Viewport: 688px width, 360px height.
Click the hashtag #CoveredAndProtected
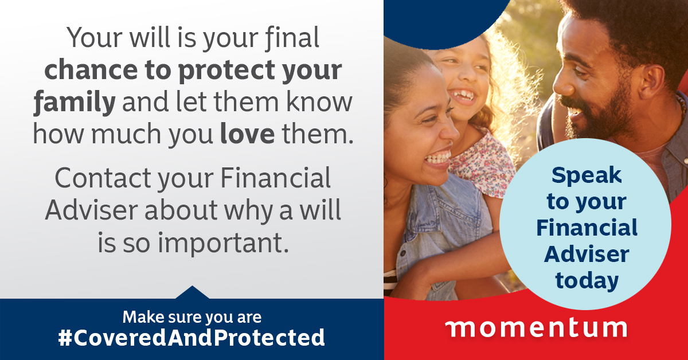pos(191,338)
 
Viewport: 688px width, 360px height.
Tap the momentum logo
pos(536,328)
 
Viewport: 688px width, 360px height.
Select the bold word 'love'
pos(247,134)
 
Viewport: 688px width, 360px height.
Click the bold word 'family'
pos(75,103)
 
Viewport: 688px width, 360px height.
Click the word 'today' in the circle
pos(587,281)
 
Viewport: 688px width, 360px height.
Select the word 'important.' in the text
pos(223,243)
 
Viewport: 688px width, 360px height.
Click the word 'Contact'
pos(103,178)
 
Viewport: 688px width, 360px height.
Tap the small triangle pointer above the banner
pos(192,292)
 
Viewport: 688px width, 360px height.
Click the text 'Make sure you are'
pos(192,317)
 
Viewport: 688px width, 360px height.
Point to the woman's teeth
pos(437,159)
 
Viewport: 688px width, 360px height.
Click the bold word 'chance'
pos(91,69)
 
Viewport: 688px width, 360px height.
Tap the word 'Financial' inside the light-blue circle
pos(587,228)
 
